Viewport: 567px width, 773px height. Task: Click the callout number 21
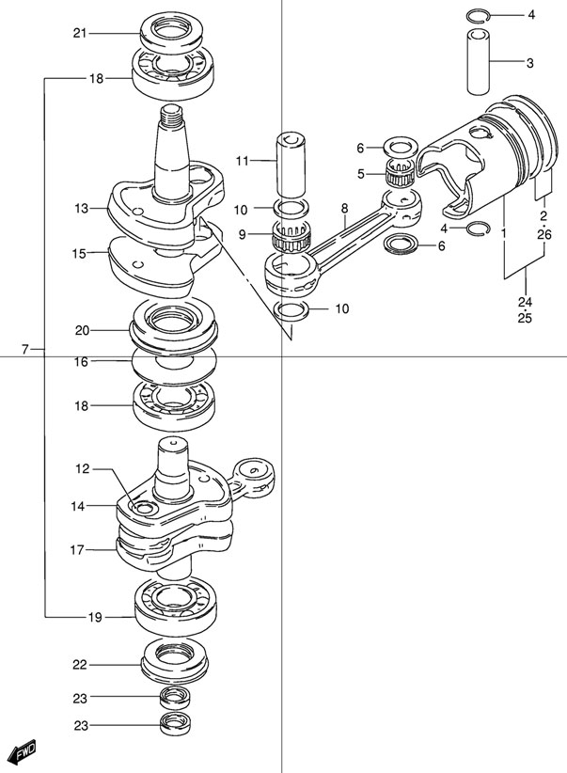[80, 34]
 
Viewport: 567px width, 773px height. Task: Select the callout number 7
[26, 350]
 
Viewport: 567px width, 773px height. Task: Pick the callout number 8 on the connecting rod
[344, 209]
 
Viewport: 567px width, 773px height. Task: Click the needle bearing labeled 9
[290, 234]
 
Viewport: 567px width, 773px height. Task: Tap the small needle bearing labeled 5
[402, 174]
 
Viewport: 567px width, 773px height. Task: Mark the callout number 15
[80, 253]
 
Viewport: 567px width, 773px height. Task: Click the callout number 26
[543, 235]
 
